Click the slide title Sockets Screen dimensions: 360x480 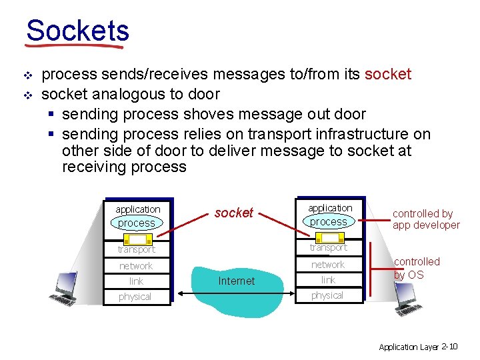point(77,31)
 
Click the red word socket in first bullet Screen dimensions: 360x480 point(388,74)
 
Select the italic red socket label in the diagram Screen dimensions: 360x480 point(233,213)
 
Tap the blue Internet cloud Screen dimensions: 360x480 point(237,281)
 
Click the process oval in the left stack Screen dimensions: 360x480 point(137,223)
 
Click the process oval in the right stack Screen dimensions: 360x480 point(329,221)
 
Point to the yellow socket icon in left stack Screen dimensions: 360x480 point(139,239)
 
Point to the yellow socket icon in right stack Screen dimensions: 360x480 point(329,237)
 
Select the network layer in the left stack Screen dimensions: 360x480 point(136,265)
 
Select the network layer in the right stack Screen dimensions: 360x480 point(328,264)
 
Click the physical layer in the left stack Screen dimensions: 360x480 point(135,297)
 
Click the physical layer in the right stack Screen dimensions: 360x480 point(327,295)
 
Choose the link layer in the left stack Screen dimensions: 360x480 point(136,281)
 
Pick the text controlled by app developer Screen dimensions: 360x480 point(425,219)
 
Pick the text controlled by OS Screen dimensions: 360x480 point(417,268)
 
